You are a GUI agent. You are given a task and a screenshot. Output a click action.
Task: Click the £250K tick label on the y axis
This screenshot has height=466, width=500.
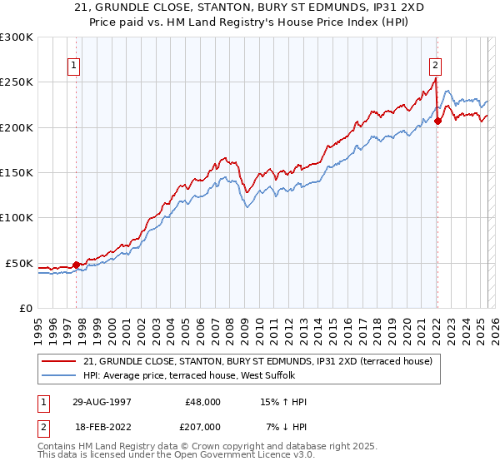click(17, 82)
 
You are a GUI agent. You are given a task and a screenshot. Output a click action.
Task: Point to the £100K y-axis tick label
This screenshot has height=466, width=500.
click(17, 218)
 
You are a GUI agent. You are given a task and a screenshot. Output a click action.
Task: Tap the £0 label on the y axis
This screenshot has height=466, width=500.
click(27, 308)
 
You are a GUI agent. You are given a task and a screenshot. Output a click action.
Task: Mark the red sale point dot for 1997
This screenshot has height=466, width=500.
click(76, 265)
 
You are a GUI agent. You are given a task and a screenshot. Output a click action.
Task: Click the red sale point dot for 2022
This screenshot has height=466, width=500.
click(437, 121)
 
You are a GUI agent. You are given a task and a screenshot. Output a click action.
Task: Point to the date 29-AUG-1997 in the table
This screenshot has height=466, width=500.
click(102, 402)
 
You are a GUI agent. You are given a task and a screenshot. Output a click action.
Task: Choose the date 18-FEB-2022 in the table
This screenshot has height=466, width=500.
click(102, 426)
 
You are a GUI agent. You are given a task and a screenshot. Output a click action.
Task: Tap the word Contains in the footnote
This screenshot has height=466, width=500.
click(58, 446)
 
